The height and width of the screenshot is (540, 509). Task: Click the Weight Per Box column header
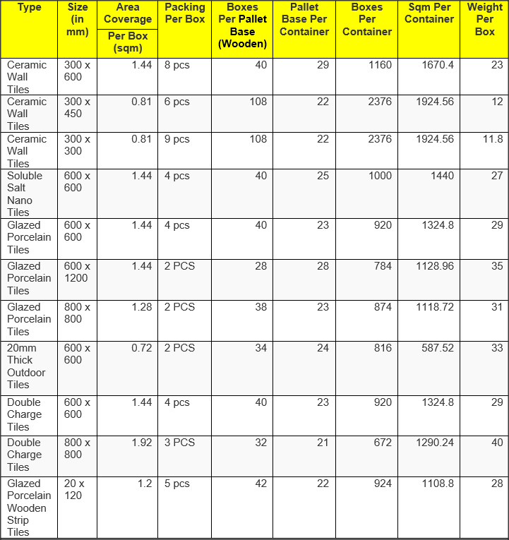point(484,20)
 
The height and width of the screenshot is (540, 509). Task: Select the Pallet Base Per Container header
point(304,20)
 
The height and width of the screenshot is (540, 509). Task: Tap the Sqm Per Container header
point(429,13)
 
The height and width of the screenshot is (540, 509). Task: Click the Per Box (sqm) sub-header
point(127,42)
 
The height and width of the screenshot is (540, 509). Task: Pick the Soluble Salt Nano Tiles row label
point(25,193)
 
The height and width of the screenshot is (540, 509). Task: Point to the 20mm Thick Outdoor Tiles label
point(26,366)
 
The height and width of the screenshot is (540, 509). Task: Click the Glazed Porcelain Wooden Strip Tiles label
point(29,508)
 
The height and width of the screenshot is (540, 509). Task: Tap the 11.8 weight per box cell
point(493,139)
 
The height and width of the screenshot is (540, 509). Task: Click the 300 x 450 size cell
point(77,107)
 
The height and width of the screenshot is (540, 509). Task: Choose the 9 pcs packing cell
point(176,139)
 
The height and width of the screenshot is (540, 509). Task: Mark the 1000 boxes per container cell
point(380,176)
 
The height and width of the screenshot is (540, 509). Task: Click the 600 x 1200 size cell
point(77,272)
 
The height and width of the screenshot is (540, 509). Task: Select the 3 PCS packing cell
point(179,443)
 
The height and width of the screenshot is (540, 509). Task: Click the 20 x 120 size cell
point(74,489)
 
